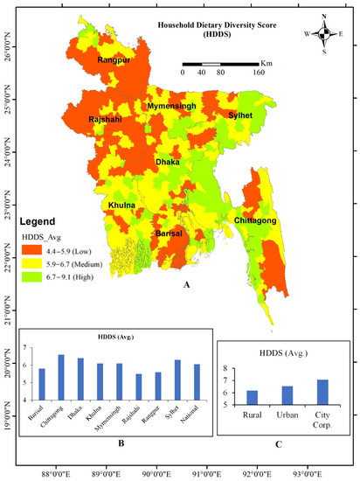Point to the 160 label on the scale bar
[x=259, y=73]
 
